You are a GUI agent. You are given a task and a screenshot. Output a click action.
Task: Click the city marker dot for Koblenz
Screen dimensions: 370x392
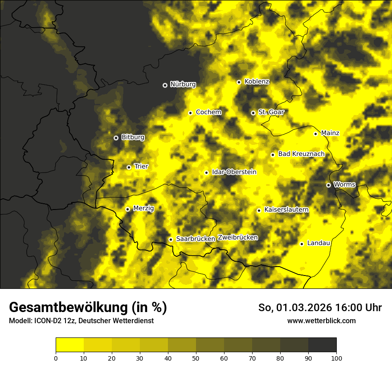pos(239,82)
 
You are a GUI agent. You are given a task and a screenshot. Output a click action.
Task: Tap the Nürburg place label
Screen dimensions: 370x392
pos(183,84)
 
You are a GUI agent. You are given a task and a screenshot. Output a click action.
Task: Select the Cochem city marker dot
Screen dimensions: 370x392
pos(190,113)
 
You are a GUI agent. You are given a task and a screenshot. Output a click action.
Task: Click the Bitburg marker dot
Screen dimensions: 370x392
pos(116,138)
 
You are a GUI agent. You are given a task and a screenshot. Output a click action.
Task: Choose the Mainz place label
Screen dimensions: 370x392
pos(330,133)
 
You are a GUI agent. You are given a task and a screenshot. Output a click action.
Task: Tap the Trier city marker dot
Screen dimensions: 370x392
pos(129,167)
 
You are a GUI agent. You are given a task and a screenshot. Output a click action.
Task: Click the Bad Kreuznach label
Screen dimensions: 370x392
pos(301,154)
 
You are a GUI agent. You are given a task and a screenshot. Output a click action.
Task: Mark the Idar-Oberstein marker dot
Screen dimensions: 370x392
pos(206,173)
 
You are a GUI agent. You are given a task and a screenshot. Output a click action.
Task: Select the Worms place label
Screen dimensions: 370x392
pos(344,184)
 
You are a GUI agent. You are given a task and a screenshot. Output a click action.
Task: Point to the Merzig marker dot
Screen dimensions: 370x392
pos(127,209)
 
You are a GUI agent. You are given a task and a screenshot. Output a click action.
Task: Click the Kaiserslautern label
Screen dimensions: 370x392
pos(286,210)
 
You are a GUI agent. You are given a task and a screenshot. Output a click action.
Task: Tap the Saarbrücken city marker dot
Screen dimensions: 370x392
pos(171,239)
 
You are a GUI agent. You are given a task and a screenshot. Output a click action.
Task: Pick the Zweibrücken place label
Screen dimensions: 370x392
pos(237,237)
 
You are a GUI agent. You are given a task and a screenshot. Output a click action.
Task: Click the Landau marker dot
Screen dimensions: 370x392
pos(302,244)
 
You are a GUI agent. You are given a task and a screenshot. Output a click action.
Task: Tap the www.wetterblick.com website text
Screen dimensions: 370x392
pos(321,321)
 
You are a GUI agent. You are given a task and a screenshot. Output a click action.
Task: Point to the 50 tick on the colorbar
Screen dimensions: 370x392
pos(196,358)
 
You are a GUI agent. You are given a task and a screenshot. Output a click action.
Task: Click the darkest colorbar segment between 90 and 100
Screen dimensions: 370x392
pos(322,345)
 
